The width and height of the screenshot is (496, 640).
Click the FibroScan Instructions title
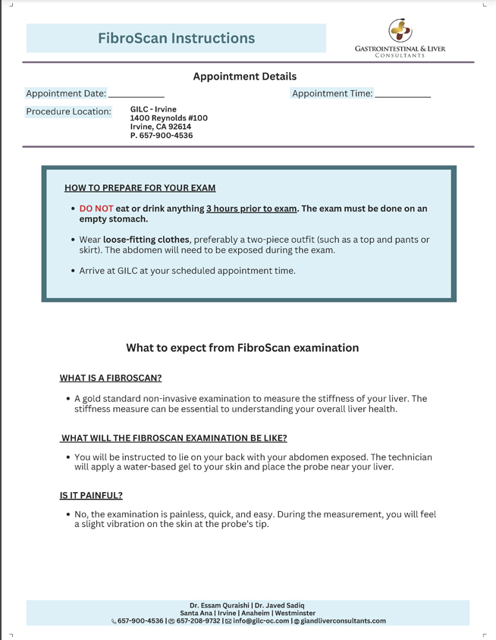click(x=176, y=38)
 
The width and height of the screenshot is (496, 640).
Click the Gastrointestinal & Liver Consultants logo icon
click(x=400, y=30)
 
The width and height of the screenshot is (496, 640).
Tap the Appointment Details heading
click(x=244, y=77)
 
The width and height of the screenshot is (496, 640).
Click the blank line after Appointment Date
click(x=137, y=95)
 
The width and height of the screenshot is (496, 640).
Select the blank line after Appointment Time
click(x=403, y=95)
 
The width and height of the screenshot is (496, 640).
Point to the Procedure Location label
click(x=68, y=111)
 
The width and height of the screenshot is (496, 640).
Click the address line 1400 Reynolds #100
click(x=168, y=118)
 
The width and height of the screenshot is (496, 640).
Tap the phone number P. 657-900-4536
click(x=162, y=136)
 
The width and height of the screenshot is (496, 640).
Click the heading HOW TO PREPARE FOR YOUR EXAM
click(x=140, y=188)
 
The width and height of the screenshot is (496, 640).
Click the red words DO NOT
click(x=96, y=209)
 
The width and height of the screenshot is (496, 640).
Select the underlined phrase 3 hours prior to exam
click(x=251, y=209)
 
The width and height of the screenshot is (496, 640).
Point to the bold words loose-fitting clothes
click(x=146, y=240)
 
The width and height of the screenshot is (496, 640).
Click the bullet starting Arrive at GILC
click(x=187, y=271)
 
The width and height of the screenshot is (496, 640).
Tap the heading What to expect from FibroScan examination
click(x=242, y=348)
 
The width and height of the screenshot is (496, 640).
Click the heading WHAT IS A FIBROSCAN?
click(x=111, y=378)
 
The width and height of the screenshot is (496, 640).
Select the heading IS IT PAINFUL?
click(x=91, y=495)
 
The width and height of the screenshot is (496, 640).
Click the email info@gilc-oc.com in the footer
click(x=261, y=621)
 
